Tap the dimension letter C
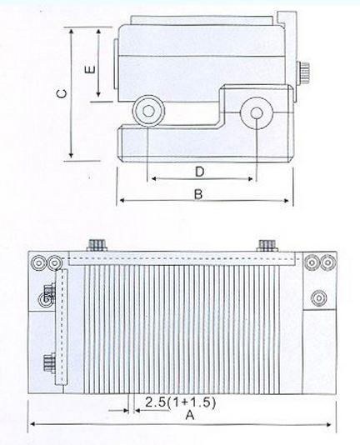pyautogui.click(x=60, y=95)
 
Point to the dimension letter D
pyautogui.click(x=199, y=172)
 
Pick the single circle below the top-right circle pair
pyautogui.click(x=318, y=297)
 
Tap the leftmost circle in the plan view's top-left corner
pyautogui.click(x=37, y=262)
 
